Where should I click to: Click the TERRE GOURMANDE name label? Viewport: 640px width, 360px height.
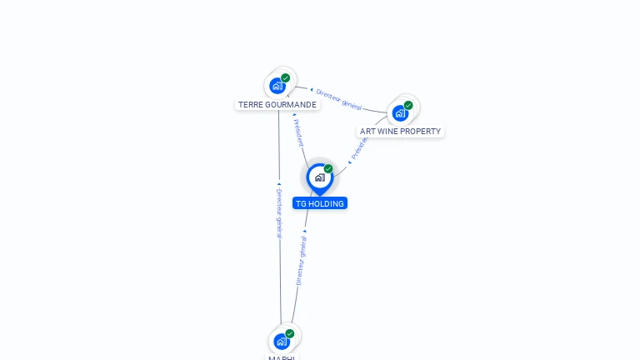point(277,105)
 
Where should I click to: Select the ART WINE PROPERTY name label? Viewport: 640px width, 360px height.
point(400,132)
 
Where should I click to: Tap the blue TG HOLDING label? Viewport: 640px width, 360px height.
point(319,203)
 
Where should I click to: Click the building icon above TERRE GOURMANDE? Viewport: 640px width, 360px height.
point(277,86)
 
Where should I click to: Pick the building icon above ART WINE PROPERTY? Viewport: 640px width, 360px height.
point(400,112)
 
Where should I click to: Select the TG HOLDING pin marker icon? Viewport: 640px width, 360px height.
point(319,177)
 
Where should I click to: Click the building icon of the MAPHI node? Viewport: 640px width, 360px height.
point(282,341)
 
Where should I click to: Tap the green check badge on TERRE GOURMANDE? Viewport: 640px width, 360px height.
point(286,78)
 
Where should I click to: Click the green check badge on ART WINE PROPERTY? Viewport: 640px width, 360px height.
point(408,106)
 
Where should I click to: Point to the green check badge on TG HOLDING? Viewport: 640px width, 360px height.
point(328,169)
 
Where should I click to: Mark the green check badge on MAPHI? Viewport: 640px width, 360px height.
point(290,333)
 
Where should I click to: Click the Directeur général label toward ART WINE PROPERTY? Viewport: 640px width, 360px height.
point(338,99)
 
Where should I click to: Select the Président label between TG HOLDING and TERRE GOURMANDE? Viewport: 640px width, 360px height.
point(298,132)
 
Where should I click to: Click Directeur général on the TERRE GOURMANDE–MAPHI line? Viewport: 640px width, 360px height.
point(279,212)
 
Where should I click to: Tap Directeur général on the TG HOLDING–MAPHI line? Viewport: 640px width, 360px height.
point(302,259)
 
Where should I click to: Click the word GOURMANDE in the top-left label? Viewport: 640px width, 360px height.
point(292,105)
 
